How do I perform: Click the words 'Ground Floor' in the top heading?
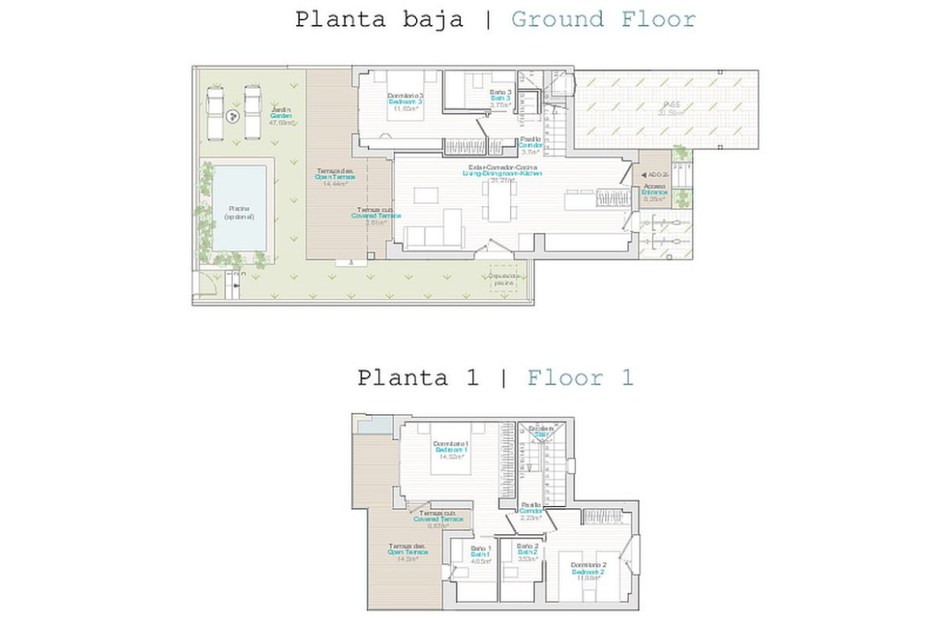click(x=603, y=19)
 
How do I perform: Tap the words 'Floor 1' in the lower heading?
click(x=580, y=379)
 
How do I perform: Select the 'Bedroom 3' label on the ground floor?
click(x=406, y=102)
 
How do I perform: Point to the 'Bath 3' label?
click(x=500, y=99)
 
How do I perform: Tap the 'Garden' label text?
click(x=281, y=116)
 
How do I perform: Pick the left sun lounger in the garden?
click(x=215, y=111)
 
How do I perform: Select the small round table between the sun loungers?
click(x=232, y=117)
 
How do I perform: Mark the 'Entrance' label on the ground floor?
click(x=654, y=192)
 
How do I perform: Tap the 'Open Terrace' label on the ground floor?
click(x=334, y=176)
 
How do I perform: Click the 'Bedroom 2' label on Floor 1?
click(x=589, y=571)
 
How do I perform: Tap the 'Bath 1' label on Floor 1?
click(x=480, y=554)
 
